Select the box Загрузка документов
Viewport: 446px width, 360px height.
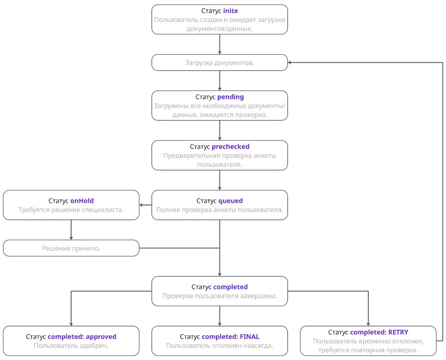[x=220, y=62]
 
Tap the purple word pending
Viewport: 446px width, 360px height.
[x=230, y=96]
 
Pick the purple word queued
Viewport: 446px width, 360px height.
[x=230, y=201]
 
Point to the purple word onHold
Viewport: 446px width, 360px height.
[x=82, y=201]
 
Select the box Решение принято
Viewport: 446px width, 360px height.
[x=71, y=248]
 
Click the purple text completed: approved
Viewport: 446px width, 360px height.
[x=82, y=337]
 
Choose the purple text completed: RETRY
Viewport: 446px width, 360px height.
[x=379, y=332]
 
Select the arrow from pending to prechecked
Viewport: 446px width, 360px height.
[x=220, y=130]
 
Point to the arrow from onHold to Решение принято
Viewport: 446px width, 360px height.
[x=71, y=230]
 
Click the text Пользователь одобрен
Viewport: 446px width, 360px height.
[x=71, y=346]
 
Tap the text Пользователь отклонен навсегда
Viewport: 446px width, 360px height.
[x=220, y=346]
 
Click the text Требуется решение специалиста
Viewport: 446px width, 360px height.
[x=71, y=209]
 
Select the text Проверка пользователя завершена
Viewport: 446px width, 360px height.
[x=220, y=296]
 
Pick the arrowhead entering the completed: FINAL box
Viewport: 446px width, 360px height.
[x=220, y=323]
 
